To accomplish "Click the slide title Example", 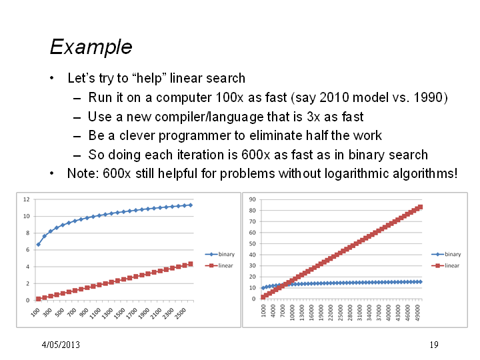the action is [91, 47].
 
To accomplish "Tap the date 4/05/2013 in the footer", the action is [61, 345].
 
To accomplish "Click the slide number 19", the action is [434, 345].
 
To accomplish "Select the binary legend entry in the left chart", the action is [220, 254].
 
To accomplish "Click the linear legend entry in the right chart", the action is [445, 265].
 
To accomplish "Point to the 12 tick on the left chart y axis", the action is [26, 199].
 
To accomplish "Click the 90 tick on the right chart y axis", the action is [252, 199].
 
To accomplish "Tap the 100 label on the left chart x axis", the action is [35, 312].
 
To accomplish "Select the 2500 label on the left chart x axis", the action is [180, 313].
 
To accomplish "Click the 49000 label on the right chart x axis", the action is [418, 313].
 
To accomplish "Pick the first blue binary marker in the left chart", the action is [38, 244].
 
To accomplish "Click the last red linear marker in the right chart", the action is [420, 207].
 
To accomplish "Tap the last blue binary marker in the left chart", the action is [191, 205].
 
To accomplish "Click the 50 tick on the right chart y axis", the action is [252, 244].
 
